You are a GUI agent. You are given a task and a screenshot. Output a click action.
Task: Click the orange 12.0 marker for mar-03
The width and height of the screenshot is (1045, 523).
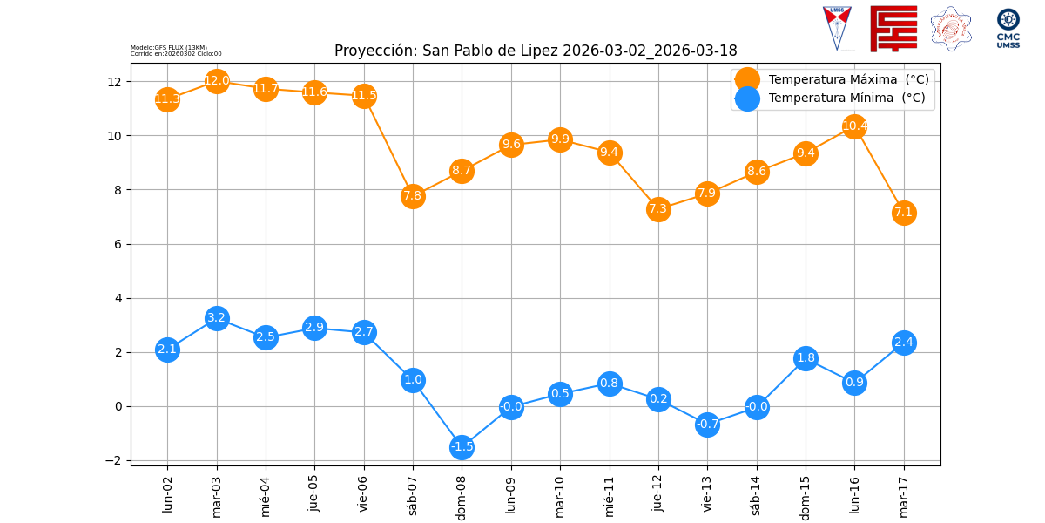tap(217, 81)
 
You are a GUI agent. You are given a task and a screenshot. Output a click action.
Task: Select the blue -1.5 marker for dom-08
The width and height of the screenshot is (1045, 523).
tap(462, 446)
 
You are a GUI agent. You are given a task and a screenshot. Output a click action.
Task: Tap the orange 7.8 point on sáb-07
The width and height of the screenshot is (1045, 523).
tap(413, 195)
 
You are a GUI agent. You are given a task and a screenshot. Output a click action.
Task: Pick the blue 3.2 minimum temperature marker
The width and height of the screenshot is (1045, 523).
tap(217, 318)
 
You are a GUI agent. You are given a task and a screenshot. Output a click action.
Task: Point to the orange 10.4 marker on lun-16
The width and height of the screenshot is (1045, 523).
tap(854, 126)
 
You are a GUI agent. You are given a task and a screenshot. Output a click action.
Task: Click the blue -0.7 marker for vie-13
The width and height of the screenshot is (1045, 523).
tap(707, 425)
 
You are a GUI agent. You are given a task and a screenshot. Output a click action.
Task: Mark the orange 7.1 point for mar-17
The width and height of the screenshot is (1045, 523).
tap(904, 213)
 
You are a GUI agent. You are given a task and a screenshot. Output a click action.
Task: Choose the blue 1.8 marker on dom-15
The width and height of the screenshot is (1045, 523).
tap(806, 358)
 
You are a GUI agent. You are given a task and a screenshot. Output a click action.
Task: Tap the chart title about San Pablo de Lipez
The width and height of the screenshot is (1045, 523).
tap(536, 51)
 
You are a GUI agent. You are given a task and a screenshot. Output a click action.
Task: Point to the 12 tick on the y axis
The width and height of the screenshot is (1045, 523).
tap(114, 82)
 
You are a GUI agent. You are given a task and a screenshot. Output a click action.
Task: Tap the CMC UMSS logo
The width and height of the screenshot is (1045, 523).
tap(1008, 28)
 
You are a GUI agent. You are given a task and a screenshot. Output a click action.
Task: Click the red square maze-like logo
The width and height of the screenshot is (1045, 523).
tap(893, 28)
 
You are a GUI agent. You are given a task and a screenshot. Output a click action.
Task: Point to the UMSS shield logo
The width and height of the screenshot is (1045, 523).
tap(837, 28)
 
